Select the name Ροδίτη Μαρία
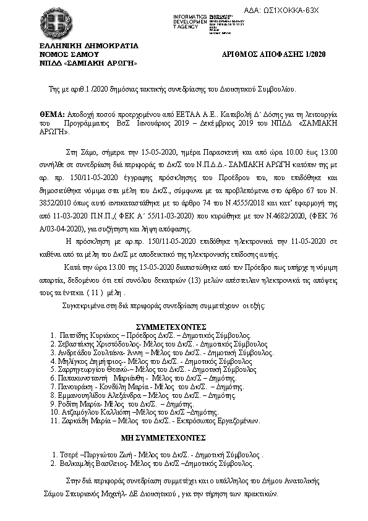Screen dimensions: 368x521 coord(79,403)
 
